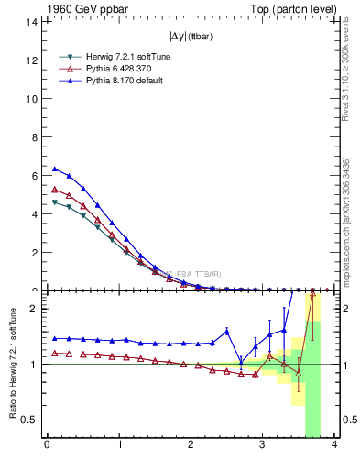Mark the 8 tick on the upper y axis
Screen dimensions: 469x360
point(35,137)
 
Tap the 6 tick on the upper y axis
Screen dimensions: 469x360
point(35,176)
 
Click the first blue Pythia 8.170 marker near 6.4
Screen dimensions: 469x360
point(54,169)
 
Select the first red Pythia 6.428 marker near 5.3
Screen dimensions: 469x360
point(54,190)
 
